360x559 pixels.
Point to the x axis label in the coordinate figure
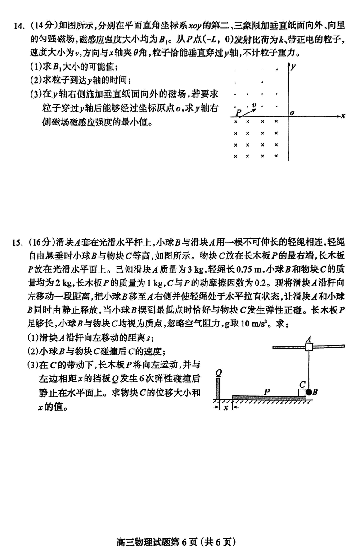pos(343,116)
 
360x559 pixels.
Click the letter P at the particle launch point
pos(238,112)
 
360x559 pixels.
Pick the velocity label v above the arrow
pos(254,106)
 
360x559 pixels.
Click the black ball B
pos(309,392)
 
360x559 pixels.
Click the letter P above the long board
pos(267,391)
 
